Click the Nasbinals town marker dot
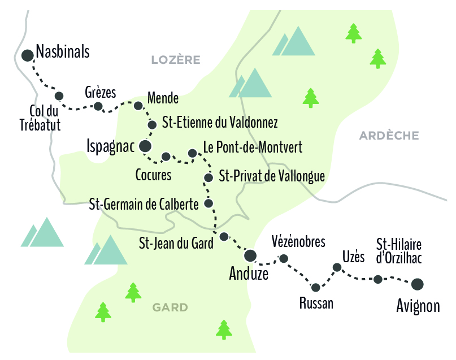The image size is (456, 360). [x=27, y=55]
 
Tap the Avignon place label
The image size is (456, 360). [x=418, y=306]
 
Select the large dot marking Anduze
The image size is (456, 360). [x=250, y=255]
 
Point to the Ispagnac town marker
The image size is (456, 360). [x=145, y=146]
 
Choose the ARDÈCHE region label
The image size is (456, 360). [x=389, y=136]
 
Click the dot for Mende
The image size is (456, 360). [x=138, y=105]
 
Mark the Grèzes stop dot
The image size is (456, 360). [x=98, y=106]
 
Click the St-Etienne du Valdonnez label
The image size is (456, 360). [x=220, y=122]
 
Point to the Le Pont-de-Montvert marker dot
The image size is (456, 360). [x=192, y=153]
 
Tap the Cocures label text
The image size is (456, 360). [x=153, y=175]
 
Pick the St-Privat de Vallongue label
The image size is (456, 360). [x=271, y=176]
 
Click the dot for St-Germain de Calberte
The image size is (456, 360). [x=209, y=203]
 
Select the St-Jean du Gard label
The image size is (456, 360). [x=176, y=244]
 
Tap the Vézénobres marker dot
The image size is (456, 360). [x=284, y=259]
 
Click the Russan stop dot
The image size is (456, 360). [x=316, y=288]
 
